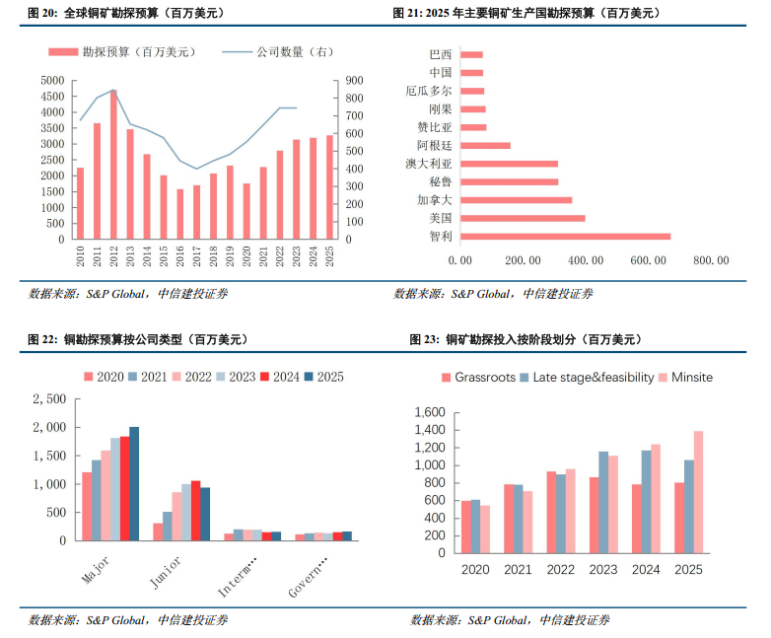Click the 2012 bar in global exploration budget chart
point(113,165)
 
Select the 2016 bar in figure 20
point(180,214)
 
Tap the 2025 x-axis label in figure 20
point(329,256)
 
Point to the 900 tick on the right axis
point(354,81)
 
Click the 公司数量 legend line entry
point(278,51)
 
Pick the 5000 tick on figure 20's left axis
point(52,81)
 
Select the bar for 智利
point(566,237)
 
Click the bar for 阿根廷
point(485,146)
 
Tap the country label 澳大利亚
point(428,164)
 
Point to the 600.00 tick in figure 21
point(648,260)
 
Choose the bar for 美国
point(523,218)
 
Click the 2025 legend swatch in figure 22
point(309,377)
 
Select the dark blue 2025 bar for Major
point(134,484)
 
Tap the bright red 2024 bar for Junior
point(195,511)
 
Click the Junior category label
point(166,573)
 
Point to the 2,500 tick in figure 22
point(49,399)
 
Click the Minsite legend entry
point(685,378)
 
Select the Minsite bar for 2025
point(698,492)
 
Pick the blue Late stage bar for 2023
point(603,503)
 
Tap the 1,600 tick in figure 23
point(430,412)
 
